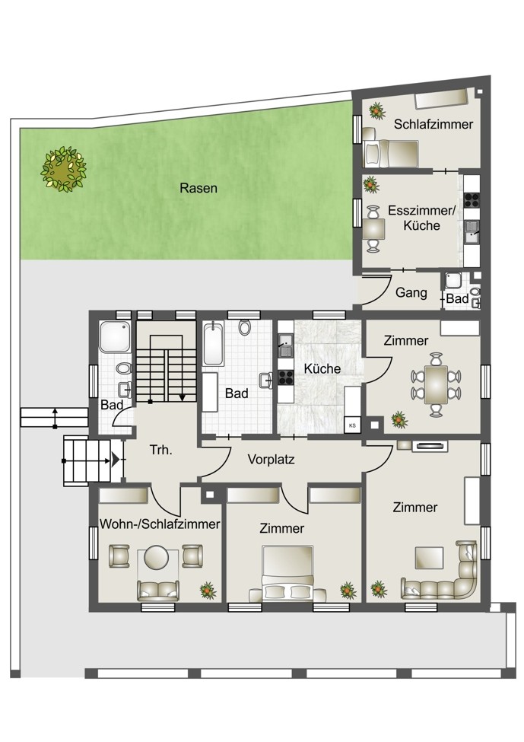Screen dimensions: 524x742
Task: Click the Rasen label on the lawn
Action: coord(198,188)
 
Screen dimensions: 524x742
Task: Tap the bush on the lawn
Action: coord(63,168)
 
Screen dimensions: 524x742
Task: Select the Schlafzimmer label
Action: coord(433,124)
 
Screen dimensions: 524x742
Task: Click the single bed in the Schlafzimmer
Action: coord(390,153)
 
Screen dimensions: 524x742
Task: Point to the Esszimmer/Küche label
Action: coord(422,218)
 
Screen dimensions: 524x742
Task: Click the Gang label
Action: coord(411,292)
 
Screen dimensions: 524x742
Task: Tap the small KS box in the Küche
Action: coord(352,425)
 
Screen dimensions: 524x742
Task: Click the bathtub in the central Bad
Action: coord(213,344)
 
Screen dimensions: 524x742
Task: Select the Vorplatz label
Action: coord(271,459)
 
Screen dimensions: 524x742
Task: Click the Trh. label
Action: coord(160,450)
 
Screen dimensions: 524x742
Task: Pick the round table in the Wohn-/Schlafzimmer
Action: coord(156,557)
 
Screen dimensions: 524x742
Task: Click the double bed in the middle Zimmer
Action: coord(287,573)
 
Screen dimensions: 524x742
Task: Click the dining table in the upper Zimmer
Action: coord(436,385)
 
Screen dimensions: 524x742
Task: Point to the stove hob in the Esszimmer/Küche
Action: coord(472,200)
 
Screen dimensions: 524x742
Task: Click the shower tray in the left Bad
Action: coord(114,336)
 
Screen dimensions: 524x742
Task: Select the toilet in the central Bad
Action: coord(244,327)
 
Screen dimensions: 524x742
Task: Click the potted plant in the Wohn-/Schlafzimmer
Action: coord(208,590)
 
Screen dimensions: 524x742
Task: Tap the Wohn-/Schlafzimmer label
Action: coord(160,524)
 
